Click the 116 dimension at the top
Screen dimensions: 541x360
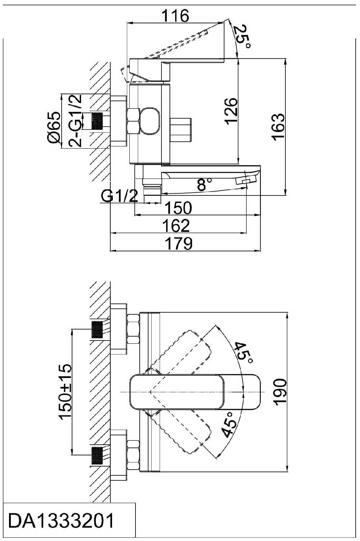[x=175, y=16]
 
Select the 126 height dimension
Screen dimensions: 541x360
[x=231, y=111]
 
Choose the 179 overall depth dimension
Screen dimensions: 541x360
[x=178, y=243]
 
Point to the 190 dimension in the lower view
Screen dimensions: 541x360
[x=280, y=392]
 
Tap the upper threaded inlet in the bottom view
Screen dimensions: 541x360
[x=97, y=329]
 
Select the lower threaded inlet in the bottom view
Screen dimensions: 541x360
[x=97, y=455]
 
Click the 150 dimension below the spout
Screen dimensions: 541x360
[x=178, y=208]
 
